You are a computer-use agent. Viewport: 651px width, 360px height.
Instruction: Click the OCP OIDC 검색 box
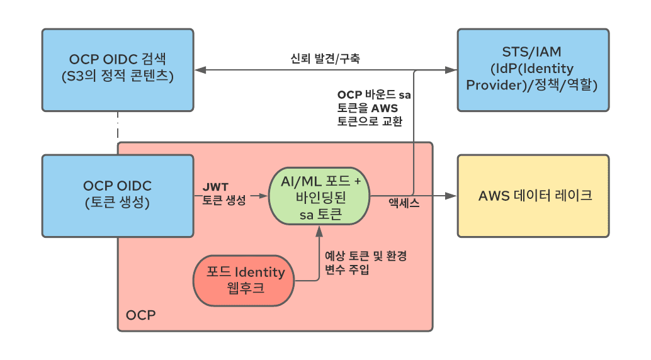point(118,69)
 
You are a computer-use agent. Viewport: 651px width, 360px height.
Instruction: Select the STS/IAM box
point(533,69)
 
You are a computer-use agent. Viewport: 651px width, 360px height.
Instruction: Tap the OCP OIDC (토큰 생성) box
point(118,196)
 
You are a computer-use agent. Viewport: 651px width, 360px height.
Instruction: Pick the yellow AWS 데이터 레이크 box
point(533,196)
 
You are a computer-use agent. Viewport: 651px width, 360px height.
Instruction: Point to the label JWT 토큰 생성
point(224,194)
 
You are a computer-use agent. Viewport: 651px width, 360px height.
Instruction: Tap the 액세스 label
point(404,203)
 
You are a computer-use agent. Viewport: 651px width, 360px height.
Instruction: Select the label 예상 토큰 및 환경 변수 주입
point(365,263)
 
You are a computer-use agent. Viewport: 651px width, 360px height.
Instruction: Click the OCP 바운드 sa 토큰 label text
point(374,108)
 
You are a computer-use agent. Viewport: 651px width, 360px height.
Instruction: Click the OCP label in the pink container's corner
point(140,315)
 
